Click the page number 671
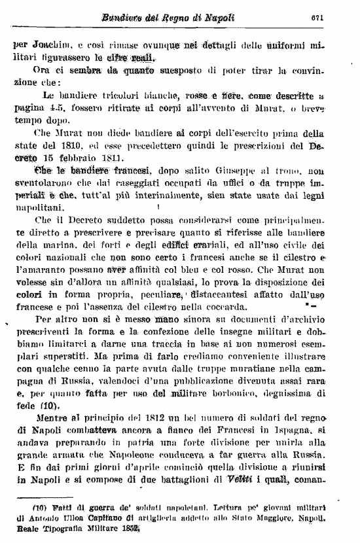[x=336, y=18]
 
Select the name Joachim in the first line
[x=52, y=46]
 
